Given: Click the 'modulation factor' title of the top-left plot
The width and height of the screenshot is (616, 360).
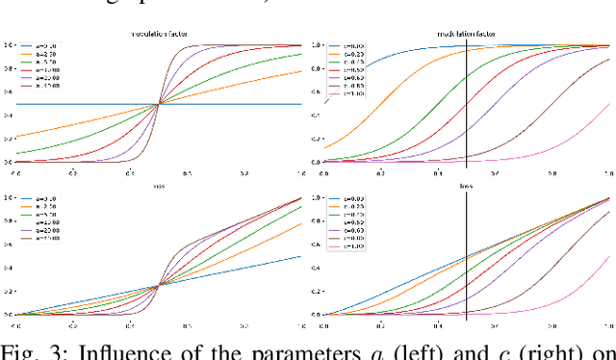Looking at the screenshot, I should (x=159, y=34).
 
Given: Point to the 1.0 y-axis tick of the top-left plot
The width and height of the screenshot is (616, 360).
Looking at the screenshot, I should (x=9, y=45).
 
